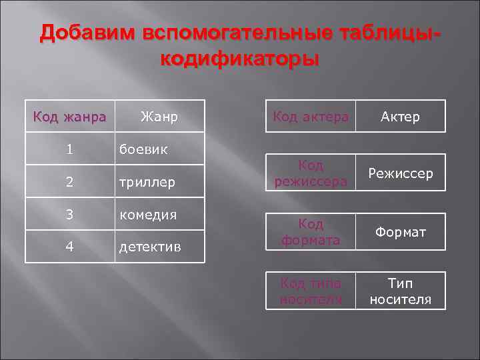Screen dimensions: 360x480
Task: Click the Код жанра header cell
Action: (x=69, y=117)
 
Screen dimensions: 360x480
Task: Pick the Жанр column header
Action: (x=159, y=117)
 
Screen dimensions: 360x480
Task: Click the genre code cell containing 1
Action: (x=69, y=149)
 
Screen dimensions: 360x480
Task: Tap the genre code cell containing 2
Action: (x=69, y=181)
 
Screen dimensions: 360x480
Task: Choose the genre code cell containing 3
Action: (x=69, y=214)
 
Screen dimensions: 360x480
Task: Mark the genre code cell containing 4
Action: (x=69, y=246)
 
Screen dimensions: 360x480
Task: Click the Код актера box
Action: (x=310, y=117)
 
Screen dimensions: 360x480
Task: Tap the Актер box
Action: (x=400, y=117)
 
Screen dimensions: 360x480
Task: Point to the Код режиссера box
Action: (x=310, y=173)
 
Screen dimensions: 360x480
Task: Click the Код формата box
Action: (x=310, y=231)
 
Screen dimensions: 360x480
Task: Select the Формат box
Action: (x=400, y=231)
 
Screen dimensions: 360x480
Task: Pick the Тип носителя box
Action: (x=400, y=291)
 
